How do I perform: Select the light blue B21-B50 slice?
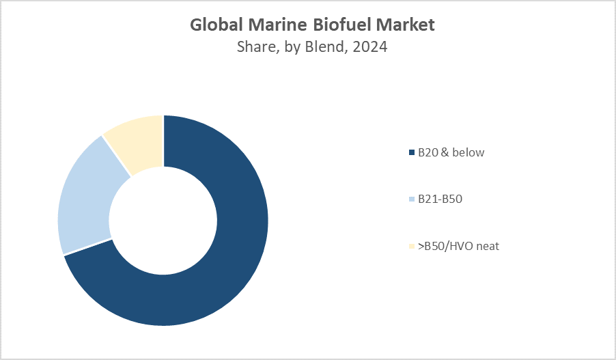(x=85, y=198)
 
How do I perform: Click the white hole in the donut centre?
(x=163, y=220)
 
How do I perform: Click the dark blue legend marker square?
(x=411, y=153)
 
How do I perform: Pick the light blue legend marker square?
(x=411, y=199)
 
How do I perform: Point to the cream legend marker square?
(x=411, y=247)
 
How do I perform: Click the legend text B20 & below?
(x=451, y=152)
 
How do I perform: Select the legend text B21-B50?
(x=440, y=199)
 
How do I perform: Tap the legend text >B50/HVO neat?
(x=458, y=246)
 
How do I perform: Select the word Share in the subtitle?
(x=253, y=47)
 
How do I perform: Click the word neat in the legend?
(x=488, y=246)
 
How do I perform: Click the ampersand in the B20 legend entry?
(x=444, y=152)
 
